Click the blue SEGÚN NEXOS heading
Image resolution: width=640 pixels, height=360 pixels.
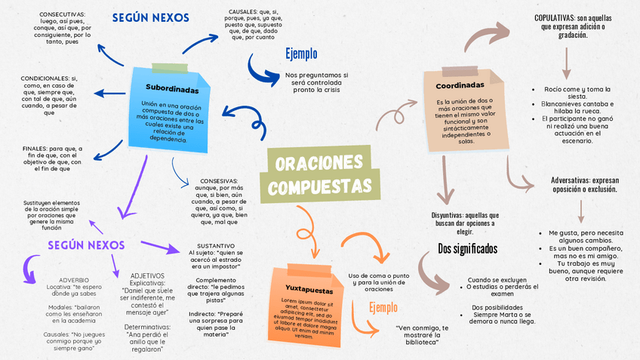click(150, 17)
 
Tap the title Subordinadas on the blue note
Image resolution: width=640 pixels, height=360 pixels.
click(172, 88)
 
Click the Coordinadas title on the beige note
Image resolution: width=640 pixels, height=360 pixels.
click(460, 85)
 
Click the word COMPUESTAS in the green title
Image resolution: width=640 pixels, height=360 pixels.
click(320, 186)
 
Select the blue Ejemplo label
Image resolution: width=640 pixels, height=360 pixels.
click(300, 54)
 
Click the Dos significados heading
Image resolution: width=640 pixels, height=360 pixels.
click(468, 248)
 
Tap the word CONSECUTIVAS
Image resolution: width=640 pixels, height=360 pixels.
click(62, 14)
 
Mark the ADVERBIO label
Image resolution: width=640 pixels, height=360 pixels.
click(74, 278)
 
